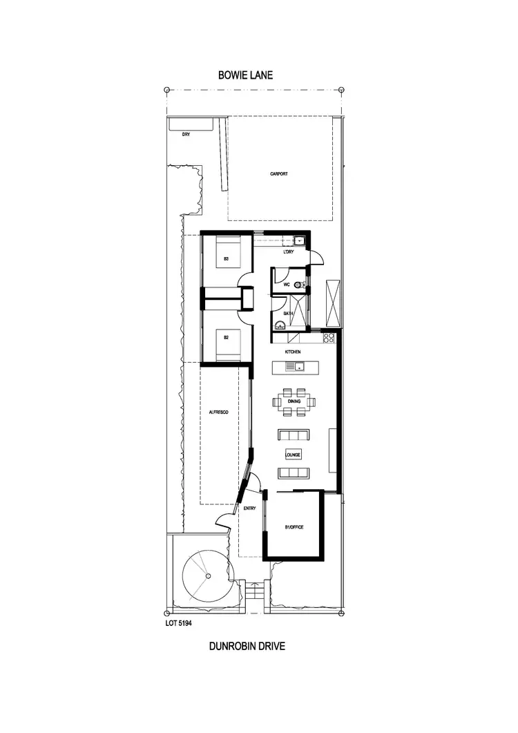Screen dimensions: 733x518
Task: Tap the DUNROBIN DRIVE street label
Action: [x=247, y=647]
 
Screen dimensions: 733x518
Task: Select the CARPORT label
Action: [x=279, y=174]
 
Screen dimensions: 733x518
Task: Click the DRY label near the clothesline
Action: [x=186, y=135]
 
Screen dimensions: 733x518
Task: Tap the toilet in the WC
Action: [x=298, y=285]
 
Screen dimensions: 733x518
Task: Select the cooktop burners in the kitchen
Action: [x=329, y=338]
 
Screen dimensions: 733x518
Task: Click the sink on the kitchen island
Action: [x=301, y=365]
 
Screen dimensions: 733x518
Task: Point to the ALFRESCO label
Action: [x=219, y=412]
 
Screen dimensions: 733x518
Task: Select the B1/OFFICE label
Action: [x=294, y=527]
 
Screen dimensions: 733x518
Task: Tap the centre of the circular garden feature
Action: [x=207, y=574]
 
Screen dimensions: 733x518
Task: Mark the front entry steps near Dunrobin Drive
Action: [x=256, y=593]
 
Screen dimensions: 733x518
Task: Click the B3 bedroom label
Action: [x=226, y=259]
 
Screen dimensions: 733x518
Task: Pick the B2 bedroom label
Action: [x=226, y=338]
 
